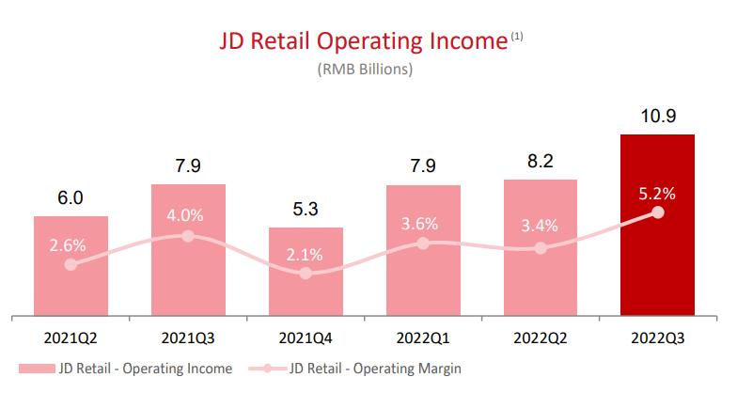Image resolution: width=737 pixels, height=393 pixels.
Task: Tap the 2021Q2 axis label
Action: (71, 338)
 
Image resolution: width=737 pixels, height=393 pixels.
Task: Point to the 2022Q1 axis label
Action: (423, 338)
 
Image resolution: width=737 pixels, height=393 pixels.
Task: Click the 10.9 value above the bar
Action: (657, 117)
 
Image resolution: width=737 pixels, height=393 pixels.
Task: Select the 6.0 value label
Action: (71, 198)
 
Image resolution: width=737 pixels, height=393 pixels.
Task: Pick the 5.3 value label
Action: (306, 210)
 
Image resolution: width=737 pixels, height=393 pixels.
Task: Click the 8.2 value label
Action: (540, 161)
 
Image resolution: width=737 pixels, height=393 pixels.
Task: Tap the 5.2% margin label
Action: (657, 194)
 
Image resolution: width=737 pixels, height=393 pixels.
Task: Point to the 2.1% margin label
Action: (306, 255)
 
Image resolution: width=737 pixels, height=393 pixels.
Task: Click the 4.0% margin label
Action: (188, 215)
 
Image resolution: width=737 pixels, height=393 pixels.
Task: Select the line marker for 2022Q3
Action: (657, 212)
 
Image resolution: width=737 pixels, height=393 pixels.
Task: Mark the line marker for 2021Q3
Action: (188, 235)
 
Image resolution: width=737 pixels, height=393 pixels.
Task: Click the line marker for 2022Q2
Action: (540, 248)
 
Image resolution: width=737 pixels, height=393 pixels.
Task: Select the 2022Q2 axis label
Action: (540, 338)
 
